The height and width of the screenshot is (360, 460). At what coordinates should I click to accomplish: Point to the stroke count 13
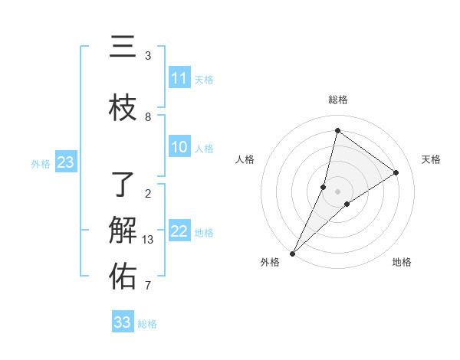point(148,240)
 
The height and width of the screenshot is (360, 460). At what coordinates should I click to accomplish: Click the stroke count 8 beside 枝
point(148,116)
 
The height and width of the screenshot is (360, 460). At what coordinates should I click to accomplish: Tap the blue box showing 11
point(179,78)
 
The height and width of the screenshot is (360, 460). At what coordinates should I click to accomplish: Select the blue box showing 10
point(179,148)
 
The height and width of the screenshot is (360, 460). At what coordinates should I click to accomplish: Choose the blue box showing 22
point(179,232)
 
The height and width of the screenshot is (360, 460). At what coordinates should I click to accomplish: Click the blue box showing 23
point(65,162)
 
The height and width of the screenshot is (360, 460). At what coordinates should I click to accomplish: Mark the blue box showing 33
point(123,322)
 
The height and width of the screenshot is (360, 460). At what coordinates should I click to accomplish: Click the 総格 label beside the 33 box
point(147,324)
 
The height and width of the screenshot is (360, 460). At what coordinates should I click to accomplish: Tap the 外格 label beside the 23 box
point(41,163)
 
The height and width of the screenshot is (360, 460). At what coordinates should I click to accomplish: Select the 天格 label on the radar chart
point(432,159)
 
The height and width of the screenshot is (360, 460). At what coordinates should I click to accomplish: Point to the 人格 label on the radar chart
point(245,159)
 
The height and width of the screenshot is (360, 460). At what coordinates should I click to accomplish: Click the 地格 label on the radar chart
point(402,262)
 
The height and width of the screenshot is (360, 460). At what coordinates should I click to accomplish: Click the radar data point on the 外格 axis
point(292,254)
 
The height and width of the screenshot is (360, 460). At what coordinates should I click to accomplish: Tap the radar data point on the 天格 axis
point(396,172)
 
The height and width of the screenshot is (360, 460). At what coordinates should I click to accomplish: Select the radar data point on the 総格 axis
point(337,130)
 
